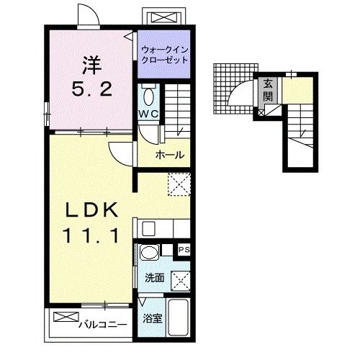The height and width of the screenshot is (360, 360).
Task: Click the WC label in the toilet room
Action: point(148,114)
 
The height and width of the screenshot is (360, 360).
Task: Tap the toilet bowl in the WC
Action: point(148,97)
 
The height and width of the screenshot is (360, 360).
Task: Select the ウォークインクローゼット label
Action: point(165,55)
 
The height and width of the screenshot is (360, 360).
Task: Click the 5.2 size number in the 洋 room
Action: point(91,89)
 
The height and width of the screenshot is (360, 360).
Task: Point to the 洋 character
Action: point(92,65)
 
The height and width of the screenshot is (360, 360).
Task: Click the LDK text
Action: point(92,210)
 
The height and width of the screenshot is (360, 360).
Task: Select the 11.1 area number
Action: point(91,235)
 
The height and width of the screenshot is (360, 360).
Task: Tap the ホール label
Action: point(170,155)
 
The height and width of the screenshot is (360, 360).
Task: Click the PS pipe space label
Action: point(184,250)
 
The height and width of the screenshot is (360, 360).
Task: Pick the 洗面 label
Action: point(155,278)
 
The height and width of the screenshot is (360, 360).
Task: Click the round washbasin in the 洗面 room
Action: point(149,252)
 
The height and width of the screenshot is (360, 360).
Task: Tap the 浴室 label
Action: point(152,318)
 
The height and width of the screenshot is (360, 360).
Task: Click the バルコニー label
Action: point(103,325)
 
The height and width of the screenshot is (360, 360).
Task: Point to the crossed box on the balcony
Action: point(66,317)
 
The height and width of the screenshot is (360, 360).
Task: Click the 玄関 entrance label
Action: point(268,90)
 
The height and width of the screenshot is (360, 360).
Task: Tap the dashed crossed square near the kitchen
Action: point(179,184)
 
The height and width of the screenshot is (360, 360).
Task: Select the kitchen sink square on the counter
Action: point(149,228)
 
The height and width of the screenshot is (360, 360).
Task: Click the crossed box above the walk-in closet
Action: point(164,18)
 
